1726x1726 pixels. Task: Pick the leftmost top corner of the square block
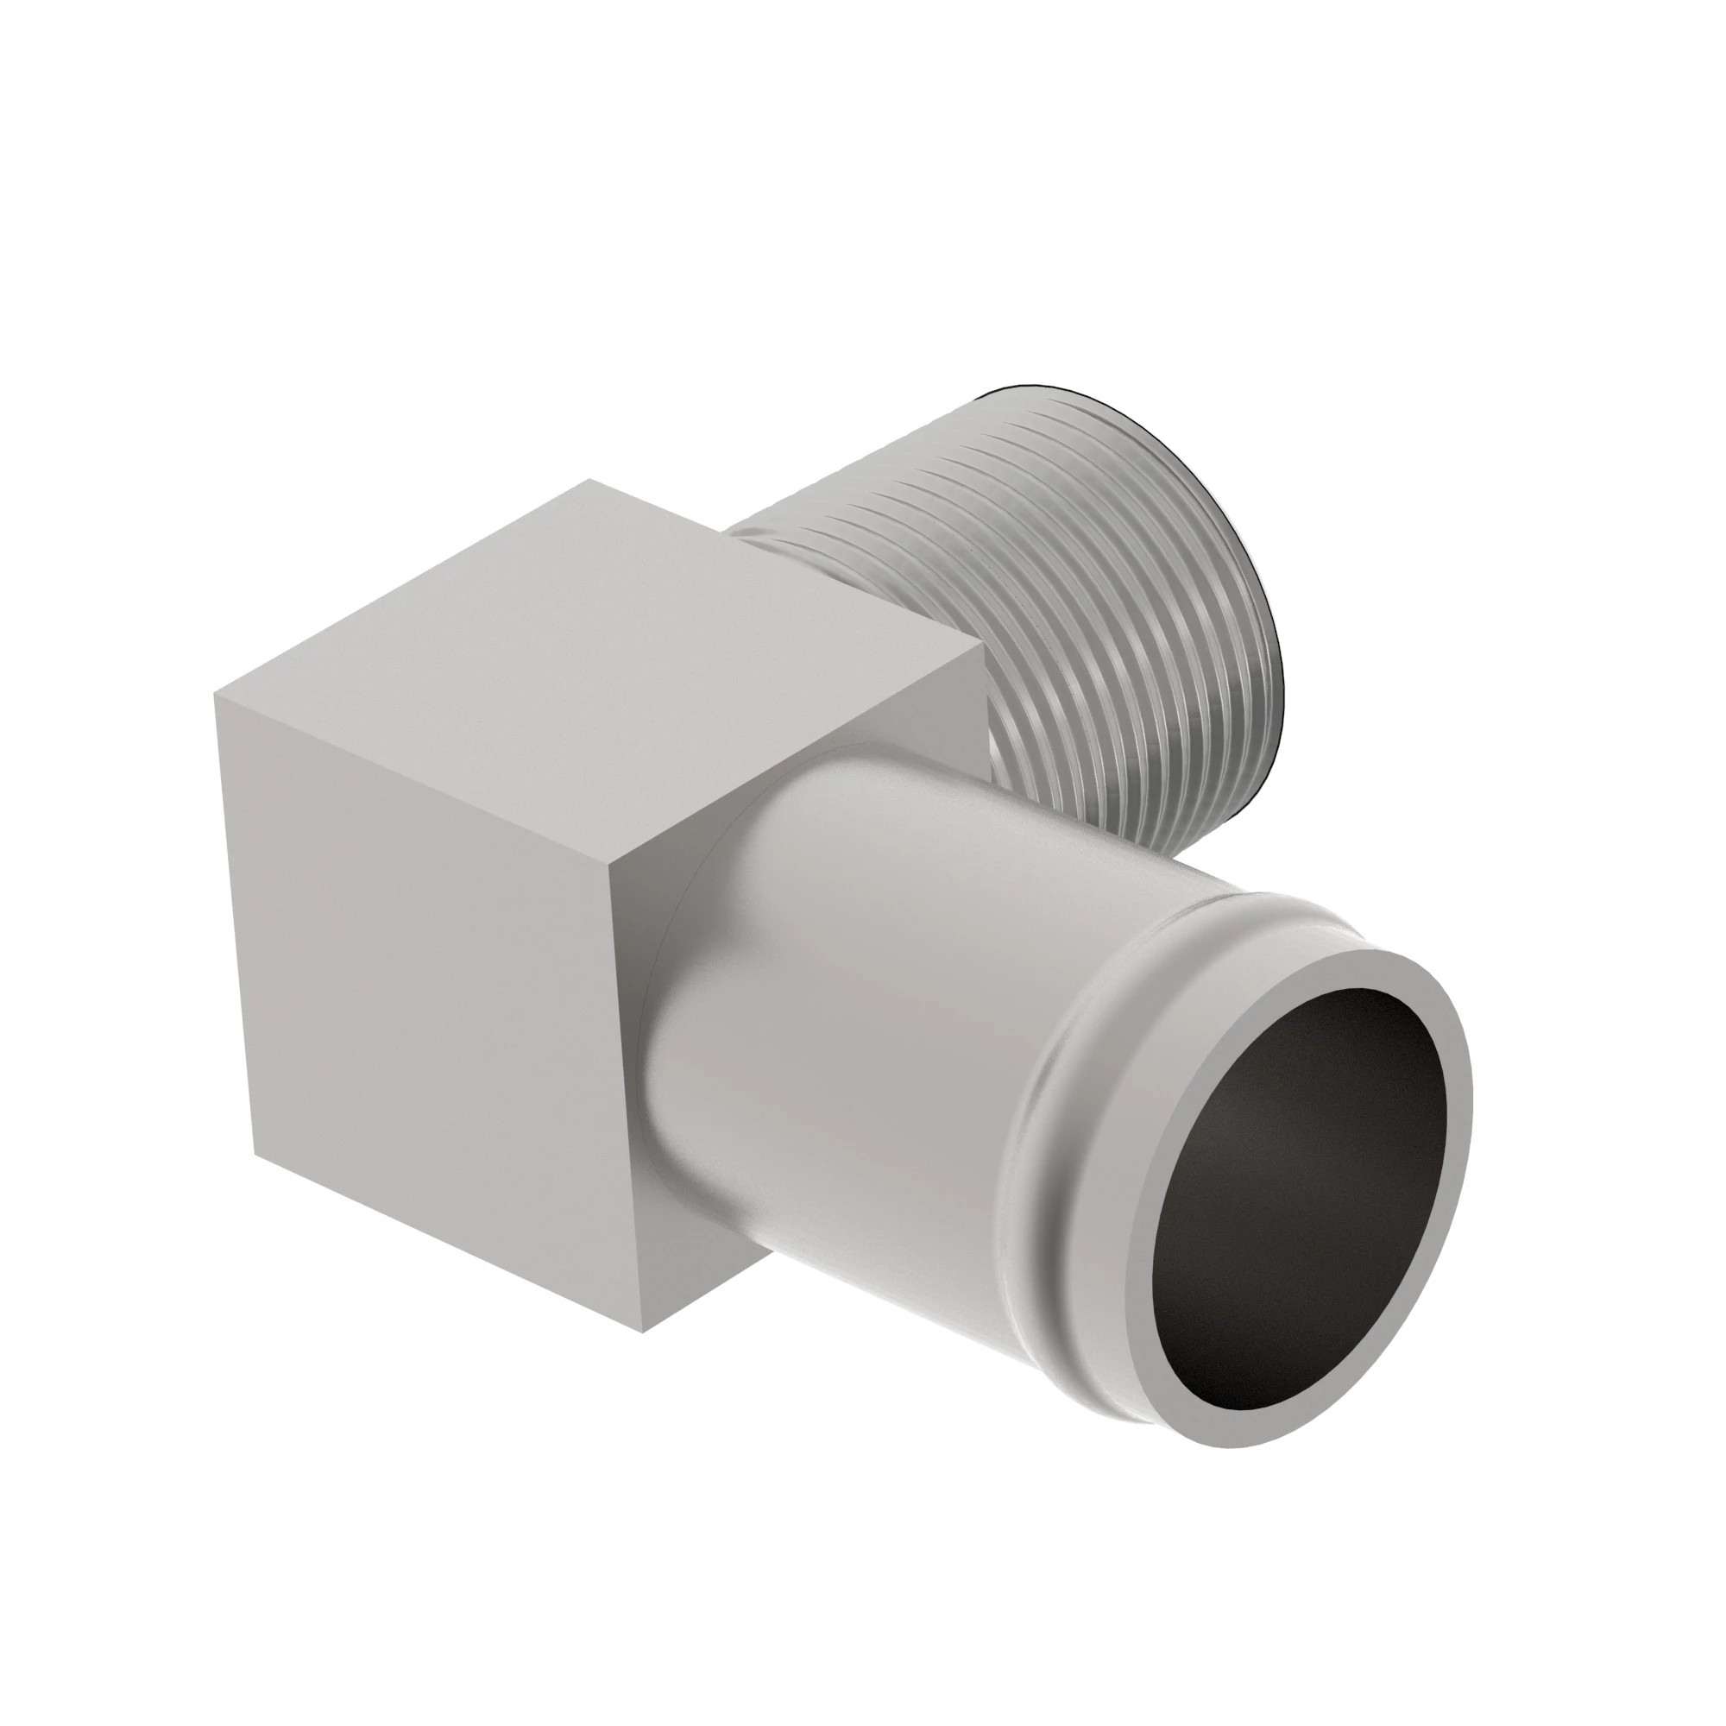[x=215, y=696]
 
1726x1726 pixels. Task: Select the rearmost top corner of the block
[x=589, y=481]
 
